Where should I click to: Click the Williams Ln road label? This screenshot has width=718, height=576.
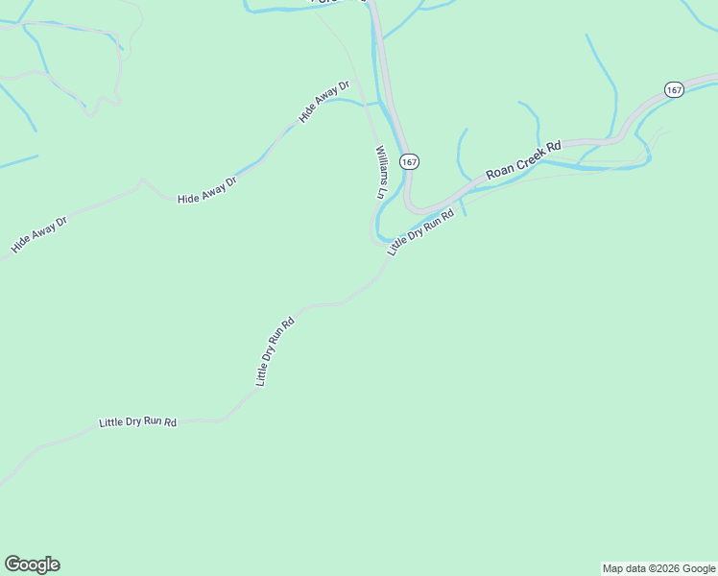click(x=381, y=172)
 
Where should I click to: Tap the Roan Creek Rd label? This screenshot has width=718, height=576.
click(x=523, y=160)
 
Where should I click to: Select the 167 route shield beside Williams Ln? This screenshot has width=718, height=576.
click(x=410, y=161)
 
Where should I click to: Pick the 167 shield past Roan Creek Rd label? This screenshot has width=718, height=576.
click(x=673, y=89)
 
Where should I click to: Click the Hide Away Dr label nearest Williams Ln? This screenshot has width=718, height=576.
click(x=324, y=101)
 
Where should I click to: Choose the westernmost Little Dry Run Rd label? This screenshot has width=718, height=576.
click(x=138, y=422)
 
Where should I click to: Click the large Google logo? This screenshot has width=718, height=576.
click(x=32, y=564)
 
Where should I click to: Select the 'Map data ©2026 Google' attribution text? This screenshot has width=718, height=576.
click(x=658, y=568)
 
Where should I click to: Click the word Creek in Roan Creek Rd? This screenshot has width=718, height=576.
click(x=524, y=160)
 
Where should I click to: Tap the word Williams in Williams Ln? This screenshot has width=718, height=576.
click(x=381, y=165)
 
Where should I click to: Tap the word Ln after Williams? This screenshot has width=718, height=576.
click(x=381, y=192)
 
